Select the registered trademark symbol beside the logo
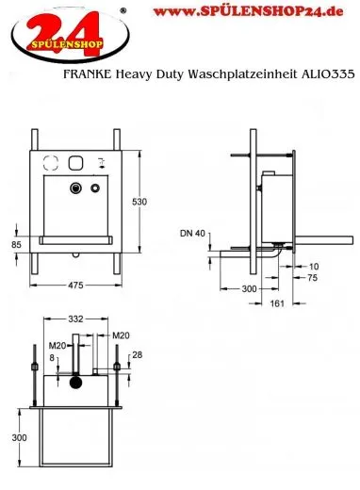coord(96,10)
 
